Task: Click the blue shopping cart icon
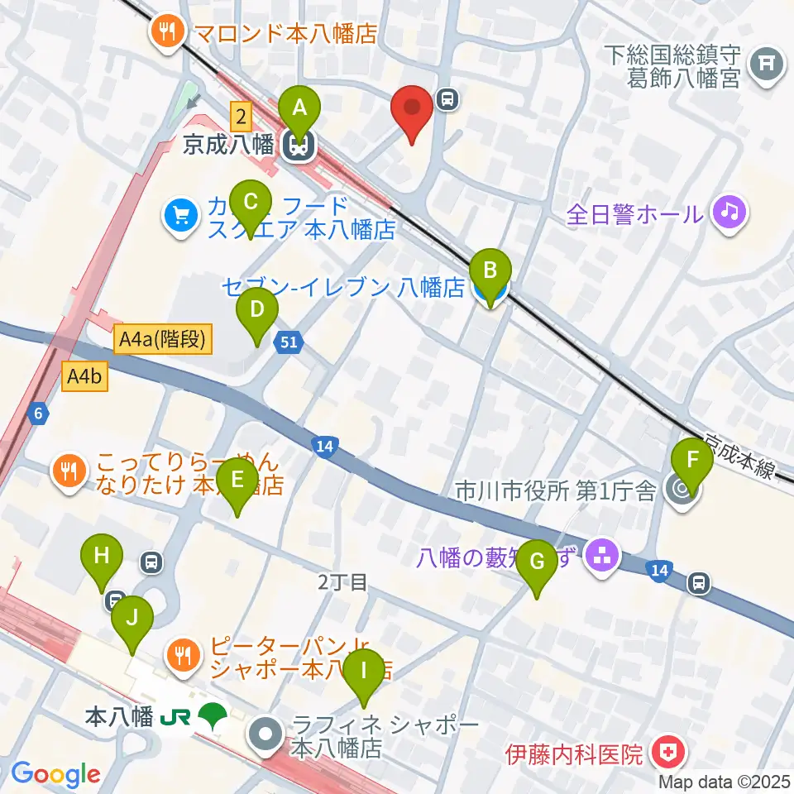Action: [x=180, y=217]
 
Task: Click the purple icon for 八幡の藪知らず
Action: [x=601, y=555]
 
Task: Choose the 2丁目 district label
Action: [x=342, y=582]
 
